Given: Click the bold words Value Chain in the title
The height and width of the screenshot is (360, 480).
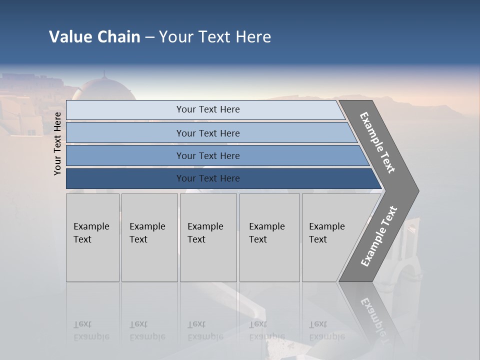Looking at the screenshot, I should click(94, 36).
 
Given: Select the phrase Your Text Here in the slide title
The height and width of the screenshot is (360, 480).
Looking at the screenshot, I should click(215, 36).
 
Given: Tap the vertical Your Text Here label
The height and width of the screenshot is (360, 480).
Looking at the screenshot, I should click(57, 143).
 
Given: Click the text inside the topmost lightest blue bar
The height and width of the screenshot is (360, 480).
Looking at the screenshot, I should click(207, 109).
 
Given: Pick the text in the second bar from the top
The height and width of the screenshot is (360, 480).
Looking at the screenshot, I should click(207, 133).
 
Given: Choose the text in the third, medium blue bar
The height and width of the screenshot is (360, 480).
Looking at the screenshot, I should click(207, 156).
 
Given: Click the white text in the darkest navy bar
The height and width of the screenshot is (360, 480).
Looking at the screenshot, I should click(207, 178).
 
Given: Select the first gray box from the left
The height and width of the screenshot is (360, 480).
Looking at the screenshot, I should click(92, 237).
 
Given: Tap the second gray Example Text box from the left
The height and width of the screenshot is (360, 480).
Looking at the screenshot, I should click(149, 237).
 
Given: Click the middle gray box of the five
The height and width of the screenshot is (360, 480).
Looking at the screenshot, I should click(208, 237).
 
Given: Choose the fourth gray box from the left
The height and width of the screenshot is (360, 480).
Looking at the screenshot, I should click(269, 237).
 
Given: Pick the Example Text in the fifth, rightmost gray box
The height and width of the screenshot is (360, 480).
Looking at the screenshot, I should click(327, 233).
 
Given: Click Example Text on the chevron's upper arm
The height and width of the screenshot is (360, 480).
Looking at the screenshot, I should click(377, 142).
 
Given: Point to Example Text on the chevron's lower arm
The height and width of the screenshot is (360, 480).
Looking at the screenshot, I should click(378, 236).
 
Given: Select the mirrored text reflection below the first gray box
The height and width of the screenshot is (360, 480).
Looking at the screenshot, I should click(91, 330).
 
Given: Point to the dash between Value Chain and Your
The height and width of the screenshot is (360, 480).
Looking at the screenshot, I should click(149, 37).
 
